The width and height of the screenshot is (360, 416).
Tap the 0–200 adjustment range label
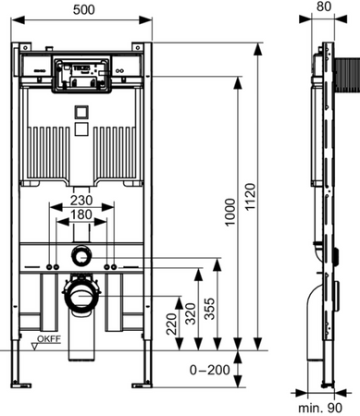205,370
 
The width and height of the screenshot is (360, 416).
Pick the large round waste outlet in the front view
82,295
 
